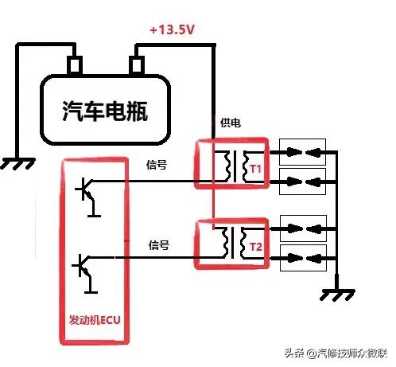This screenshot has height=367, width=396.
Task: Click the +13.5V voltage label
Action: click(x=171, y=30)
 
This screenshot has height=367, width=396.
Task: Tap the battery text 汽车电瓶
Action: click(x=105, y=110)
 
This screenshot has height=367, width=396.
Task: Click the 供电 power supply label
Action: click(x=231, y=123)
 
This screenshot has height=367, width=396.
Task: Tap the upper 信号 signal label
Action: click(x=157, y=166)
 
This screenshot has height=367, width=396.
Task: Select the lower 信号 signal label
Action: click(x=157, y=245)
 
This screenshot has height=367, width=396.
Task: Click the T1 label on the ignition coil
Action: click(x=256, y=169)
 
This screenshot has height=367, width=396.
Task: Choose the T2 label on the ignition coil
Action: click(x=256, y=247)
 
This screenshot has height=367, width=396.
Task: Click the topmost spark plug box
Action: click(x=301, y=150)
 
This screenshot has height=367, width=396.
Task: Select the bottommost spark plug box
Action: click(x=301, y=257)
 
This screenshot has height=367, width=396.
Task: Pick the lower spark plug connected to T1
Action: click(x=301, y=178)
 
